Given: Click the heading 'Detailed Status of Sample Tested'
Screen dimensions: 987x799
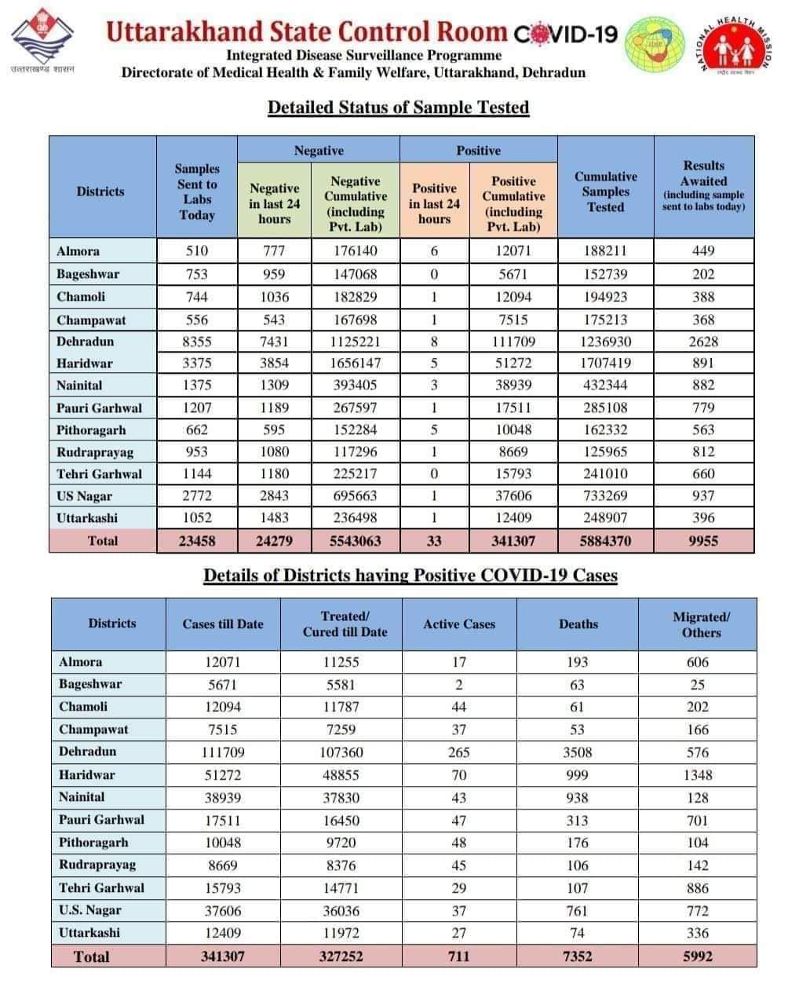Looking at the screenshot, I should click(398, 107).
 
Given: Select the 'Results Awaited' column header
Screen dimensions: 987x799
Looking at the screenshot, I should click(703, 186).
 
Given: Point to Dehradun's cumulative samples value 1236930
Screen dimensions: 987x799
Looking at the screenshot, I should click(605, 342).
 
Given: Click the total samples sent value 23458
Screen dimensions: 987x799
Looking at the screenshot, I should click(197, 540).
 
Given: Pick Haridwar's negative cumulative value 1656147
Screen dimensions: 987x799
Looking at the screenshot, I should click(355, 364).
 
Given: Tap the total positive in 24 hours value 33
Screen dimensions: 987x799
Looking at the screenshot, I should click(434, 540).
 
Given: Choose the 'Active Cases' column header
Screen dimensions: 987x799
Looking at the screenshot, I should click(459, 624).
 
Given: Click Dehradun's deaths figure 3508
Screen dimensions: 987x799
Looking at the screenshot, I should click(578, 751).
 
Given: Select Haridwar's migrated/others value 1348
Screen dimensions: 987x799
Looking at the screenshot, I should click(697, 774).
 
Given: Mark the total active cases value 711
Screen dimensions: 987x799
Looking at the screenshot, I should click(459, 956).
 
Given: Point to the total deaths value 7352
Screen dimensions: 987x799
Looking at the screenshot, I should click(578, 956).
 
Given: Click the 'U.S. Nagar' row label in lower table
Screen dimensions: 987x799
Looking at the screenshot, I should click(90, 910).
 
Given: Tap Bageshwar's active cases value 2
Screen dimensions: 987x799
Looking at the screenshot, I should click(459, 684).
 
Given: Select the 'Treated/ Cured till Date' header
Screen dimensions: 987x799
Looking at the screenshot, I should click(345, 624).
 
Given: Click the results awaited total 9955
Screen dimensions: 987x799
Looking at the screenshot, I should click(703, 540).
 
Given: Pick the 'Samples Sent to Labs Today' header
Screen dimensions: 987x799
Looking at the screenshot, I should click(197, 192).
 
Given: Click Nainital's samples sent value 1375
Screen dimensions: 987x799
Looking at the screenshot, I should click(197, 386).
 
